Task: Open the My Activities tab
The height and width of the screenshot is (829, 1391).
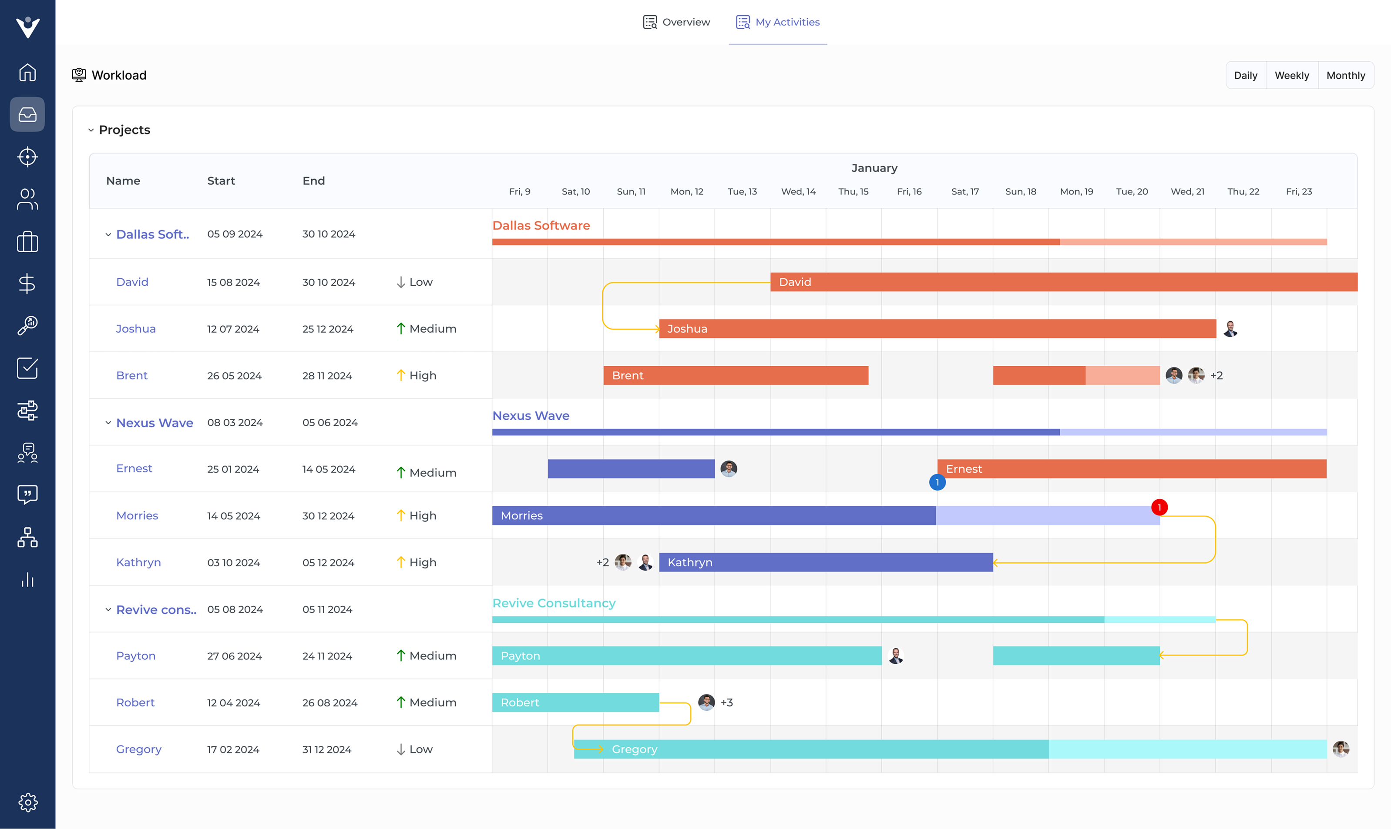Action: pyautogui.click(x=777, y=22)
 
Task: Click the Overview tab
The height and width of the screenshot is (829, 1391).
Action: pyautogui.click(x=676, y=22)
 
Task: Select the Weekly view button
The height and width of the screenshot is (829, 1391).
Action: pyautogui.click(x=1291, y=75)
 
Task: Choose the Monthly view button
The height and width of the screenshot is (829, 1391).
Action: pyautogui.click(x=1345, y=75)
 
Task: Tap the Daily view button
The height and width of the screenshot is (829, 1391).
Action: pyautogui.click(x=1245, y=75)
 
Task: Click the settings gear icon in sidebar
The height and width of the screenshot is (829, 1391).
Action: pyautogui.click(x=27, y=802)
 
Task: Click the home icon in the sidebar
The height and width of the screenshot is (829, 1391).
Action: pyautogui.click(x=27, y=73)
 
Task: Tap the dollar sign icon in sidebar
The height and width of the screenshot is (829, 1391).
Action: pyautogui.click(x=27, y=284)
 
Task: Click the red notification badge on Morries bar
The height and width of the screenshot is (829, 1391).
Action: pyautogui.click(x=1159, y=507)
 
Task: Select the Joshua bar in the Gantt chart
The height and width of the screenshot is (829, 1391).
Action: pyautogui.click(x=937, y=329)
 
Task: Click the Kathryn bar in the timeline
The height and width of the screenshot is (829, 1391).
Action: pyautogui.click(x=826, y=562)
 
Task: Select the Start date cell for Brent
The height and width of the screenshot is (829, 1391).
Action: pyautogui.click(x=234, y=376)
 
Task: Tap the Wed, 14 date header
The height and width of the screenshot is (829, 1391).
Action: pyautogui.click(x=798, y=192)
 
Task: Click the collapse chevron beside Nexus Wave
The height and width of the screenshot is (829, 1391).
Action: pyautogui.click(x=108, y=423)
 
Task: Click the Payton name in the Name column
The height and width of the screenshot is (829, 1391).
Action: pyautogui.click(x=136, y=656)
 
